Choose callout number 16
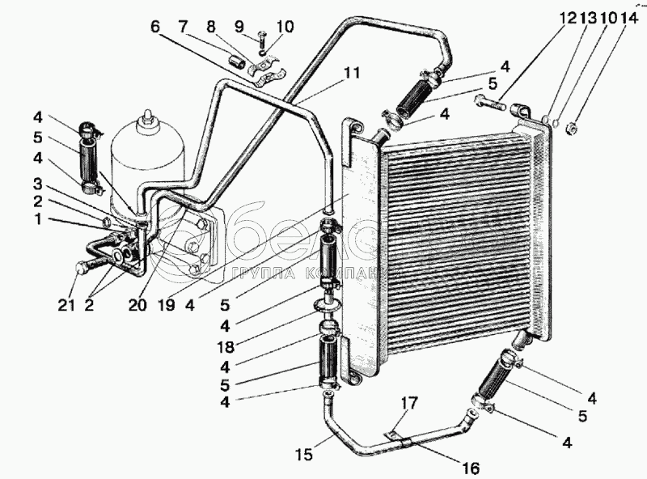(x=472, y=468)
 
